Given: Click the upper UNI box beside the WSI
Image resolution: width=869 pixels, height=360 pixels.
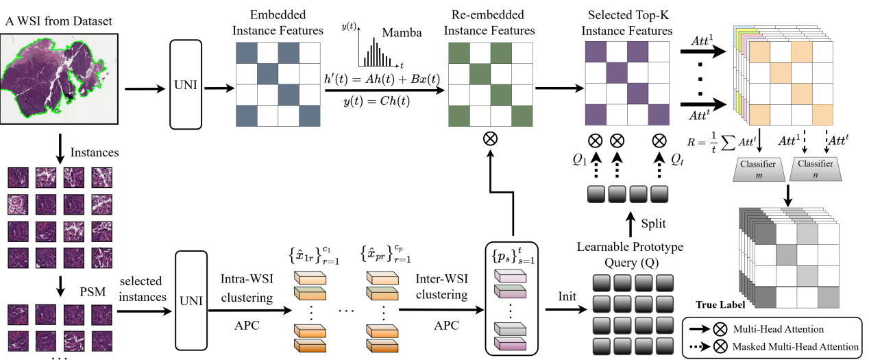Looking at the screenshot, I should (x=188, y=89).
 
